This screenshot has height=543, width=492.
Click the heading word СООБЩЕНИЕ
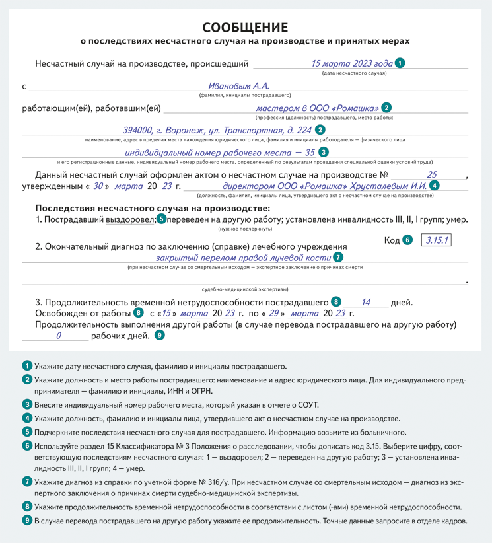click(245, 27)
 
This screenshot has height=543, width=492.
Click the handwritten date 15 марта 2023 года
click(351, 64)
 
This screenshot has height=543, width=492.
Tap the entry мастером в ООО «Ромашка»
click(317, 108)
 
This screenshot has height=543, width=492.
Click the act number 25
click(432, 175)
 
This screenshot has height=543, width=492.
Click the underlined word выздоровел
click(131, 219)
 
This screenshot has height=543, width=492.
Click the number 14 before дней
click(365, 303)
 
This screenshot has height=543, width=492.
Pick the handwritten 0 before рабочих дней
click(58, 336)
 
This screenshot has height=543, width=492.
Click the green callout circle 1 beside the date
click(400, 64)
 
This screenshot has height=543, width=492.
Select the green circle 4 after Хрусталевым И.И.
click(434, 186)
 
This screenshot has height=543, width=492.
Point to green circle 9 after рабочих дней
click(160, 336)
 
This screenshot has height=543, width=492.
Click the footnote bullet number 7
click(27, 481)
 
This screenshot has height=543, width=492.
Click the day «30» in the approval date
click(98, 186)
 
